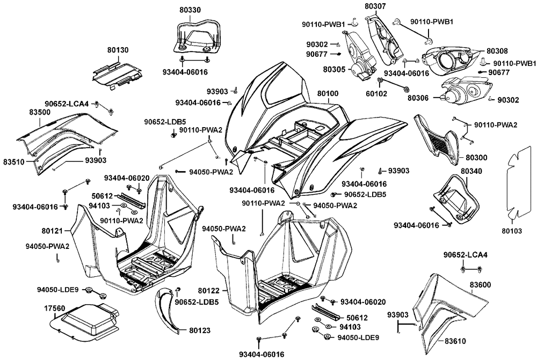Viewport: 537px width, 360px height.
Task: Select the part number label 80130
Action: point(118,50)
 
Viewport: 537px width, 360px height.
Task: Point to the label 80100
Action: point(328,94)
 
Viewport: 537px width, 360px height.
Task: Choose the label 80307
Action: point(375,6)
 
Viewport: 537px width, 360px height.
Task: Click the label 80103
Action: point(512,231)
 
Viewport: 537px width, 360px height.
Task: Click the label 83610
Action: point(455,341)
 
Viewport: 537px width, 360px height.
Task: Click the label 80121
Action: point(53,231)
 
